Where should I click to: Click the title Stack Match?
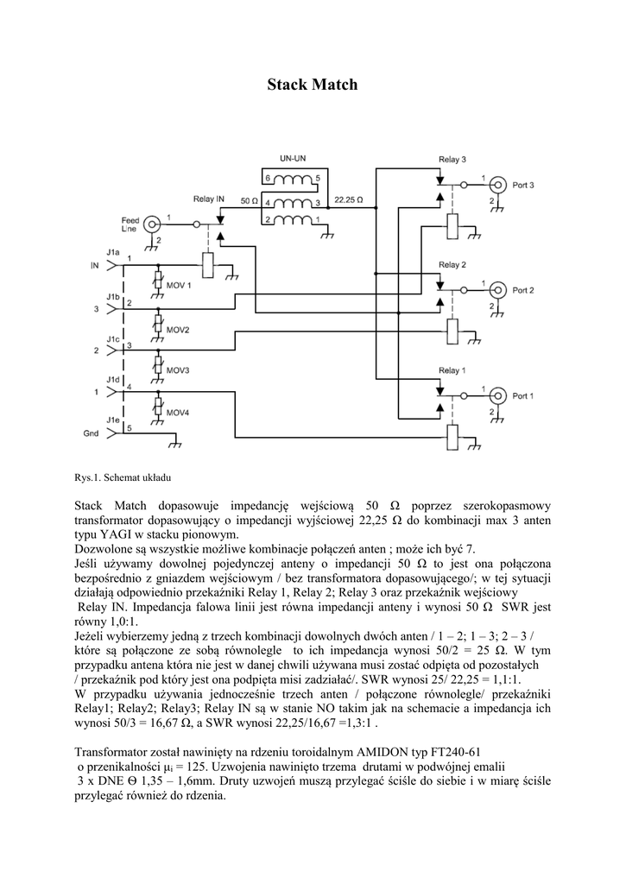312,85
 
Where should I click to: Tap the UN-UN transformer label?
292,158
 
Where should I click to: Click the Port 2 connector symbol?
497,289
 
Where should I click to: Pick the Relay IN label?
209,199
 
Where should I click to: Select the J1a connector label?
113,251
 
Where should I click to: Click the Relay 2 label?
452,264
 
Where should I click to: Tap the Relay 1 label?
452,370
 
